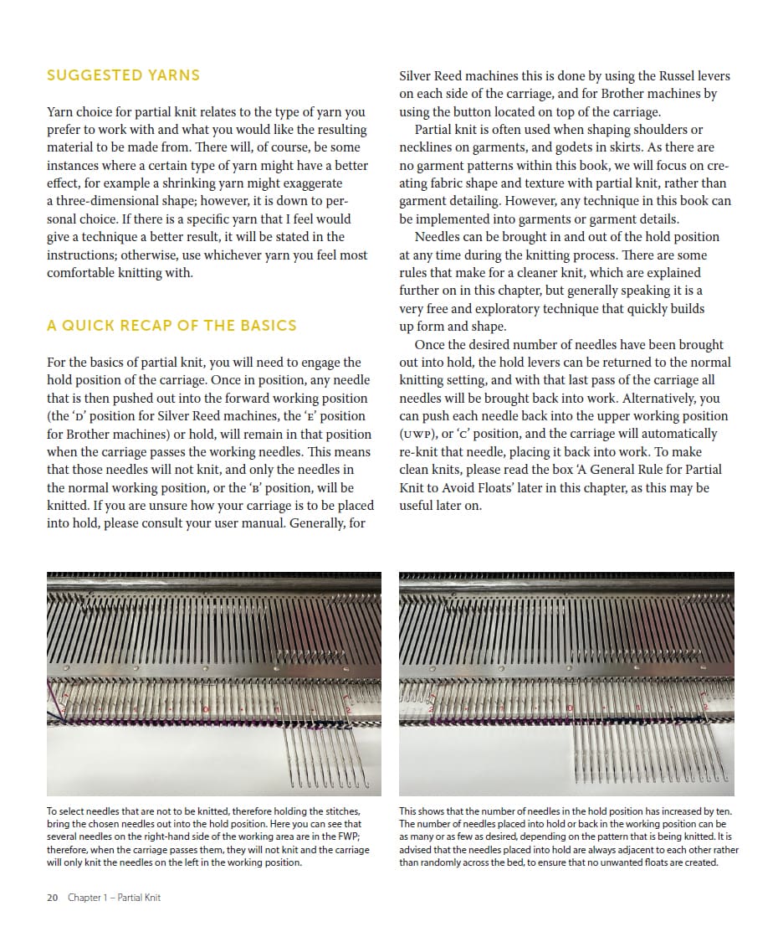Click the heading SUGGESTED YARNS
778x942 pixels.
click(x=123, y=75)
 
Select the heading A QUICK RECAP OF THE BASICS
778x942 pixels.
click(x=171, y=326)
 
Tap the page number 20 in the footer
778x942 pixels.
click(x=52, y=898)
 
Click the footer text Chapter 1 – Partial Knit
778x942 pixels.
click(x=114, y=898)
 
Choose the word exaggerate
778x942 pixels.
click(x=310, y=183)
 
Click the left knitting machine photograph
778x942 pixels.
click(x=214, y=683)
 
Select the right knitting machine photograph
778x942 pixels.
click(x=566, y=683)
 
